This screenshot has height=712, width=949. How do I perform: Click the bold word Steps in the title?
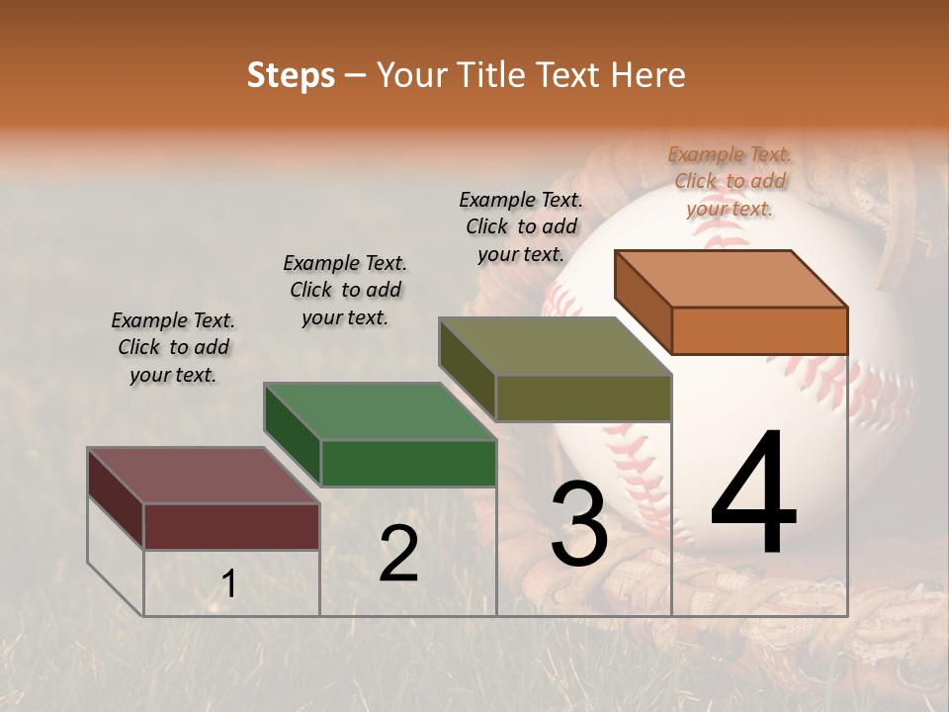[x=291, y=76]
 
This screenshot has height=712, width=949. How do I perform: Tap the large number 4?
[x=753, y=493]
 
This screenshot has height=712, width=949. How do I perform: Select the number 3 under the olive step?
[x=578, y=525]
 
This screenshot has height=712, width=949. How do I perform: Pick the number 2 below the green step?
[x=398, y=554]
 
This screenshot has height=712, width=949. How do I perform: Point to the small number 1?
[x=228, y=584]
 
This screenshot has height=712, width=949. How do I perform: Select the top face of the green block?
[x=381, y=411]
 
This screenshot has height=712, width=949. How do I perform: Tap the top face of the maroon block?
[x=204, y=476]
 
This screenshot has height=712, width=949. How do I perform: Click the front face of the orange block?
[x=759, y=330]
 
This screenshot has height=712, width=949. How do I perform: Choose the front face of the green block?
[x=408, y=463]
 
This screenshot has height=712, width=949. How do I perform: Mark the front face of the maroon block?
[x=231, y=526]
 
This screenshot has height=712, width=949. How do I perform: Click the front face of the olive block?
[x=583, y=398]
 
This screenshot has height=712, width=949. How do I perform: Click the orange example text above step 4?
[x=730, y=181]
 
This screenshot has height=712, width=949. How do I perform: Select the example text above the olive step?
[x=521, y=226]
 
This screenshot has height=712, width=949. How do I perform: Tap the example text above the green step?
[x=345, y=290]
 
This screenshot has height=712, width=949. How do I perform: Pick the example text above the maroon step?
[x=173, y=347]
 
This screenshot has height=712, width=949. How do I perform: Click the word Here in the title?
[x=647, y=75]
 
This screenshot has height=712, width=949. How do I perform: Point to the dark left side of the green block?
[x=293, y=435]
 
